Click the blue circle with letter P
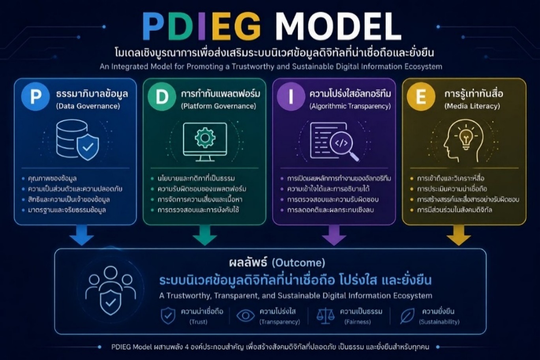[x=36, y=96]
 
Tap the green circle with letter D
[x=162, y=96]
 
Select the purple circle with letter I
[x=291, y=96]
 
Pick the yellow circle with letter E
[x=421, y=96]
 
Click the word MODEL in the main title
[x=338, y=26]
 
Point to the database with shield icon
[x=78, y=140]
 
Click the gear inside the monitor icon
[x=205, y=138]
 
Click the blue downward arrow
[x=82, y=235]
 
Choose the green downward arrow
[x=205, y=235]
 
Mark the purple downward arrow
[x=334, y=235]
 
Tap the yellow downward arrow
[x=459, y=235]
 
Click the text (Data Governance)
[x=88, y=106]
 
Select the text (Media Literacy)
[x=472, y=106]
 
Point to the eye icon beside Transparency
[x=246, y=316]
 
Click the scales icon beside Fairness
[x=325, y=316]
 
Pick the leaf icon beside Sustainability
[x=407, y=316]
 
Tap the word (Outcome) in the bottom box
[x=298, y=263]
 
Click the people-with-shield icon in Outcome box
[x=111, y=291]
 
